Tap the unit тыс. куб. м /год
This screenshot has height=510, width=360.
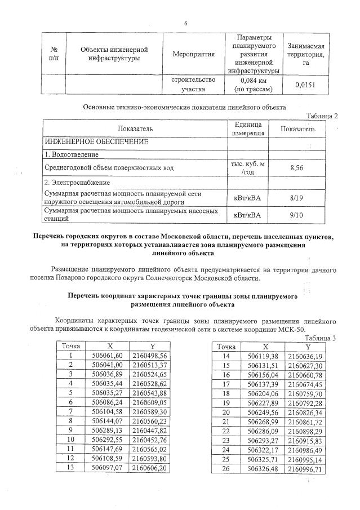pos(248,167)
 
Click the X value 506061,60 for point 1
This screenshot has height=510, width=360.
pos(107,356)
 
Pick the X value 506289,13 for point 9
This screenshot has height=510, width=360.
pos(107,431)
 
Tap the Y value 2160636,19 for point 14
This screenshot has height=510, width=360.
pos(305,356)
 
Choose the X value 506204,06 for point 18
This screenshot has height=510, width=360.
pos(264,393)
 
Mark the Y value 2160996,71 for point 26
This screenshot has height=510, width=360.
pos(305,468)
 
